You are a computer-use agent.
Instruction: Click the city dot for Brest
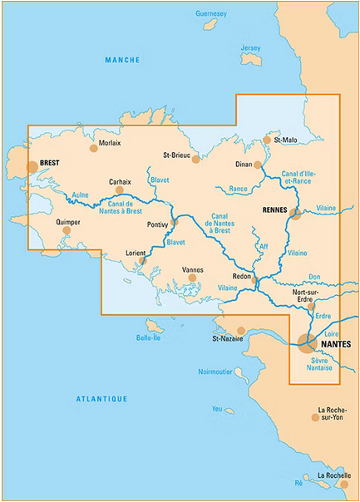click(32, 166)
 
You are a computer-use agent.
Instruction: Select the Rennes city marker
click(295, 214)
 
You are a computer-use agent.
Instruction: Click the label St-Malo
click(285, 140)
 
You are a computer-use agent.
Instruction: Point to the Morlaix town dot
click(93, 150)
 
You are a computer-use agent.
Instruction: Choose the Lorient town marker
click(143, 260)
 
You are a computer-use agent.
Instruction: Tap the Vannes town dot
click(192, 278)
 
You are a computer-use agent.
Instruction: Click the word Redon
click(243, 274)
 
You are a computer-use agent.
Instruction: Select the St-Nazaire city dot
click(241, 330)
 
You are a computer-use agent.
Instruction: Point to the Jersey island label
click(250, 48)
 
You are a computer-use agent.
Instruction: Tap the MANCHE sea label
click(122, 61)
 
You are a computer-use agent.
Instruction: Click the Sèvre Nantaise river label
click(320, 364)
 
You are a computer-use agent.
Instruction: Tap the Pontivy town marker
click(175, 223)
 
